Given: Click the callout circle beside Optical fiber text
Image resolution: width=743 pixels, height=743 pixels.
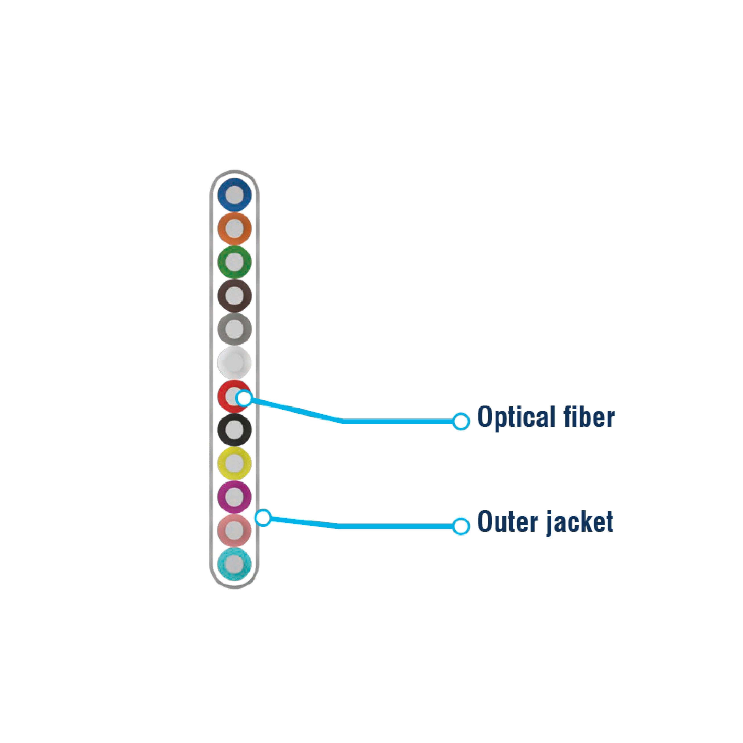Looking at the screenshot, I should click(x=461, y=422).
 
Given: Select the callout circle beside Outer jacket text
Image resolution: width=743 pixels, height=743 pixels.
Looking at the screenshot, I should click(x=461, y=526).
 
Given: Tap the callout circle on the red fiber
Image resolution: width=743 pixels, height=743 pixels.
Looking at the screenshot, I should click(x=244, y=398).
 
